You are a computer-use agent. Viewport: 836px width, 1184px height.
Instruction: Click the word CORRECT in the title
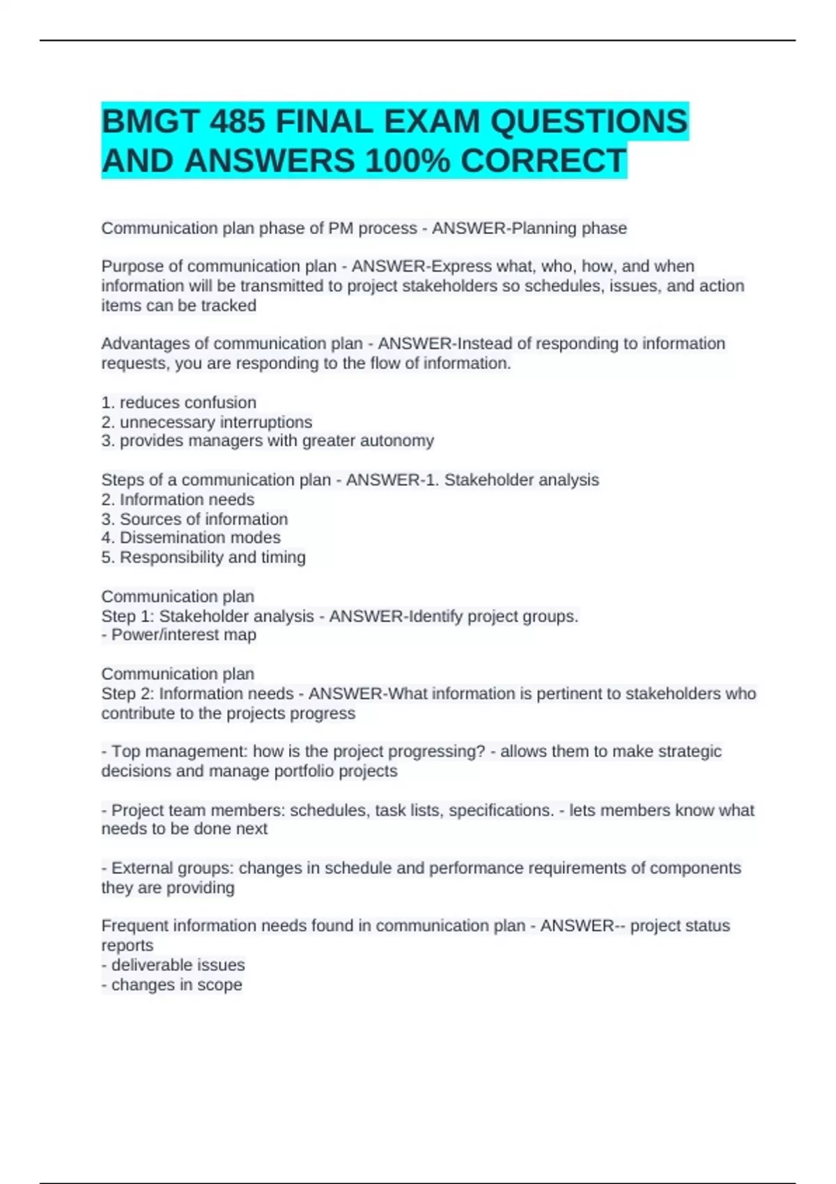click(543, 161)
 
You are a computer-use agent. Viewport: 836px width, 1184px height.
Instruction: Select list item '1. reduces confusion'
click(179, 403)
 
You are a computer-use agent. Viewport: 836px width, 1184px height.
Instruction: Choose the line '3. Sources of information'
click(194, 519)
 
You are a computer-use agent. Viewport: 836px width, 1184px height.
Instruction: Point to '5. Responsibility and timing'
click(203, 557)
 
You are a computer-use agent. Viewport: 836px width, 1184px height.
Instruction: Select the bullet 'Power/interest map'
click(183, 635)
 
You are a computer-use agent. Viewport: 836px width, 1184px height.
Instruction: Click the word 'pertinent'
click(586, 694)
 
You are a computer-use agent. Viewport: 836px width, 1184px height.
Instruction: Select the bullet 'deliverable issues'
click(178, 965)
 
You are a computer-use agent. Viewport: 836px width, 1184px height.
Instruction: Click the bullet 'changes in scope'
click(176, 985)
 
